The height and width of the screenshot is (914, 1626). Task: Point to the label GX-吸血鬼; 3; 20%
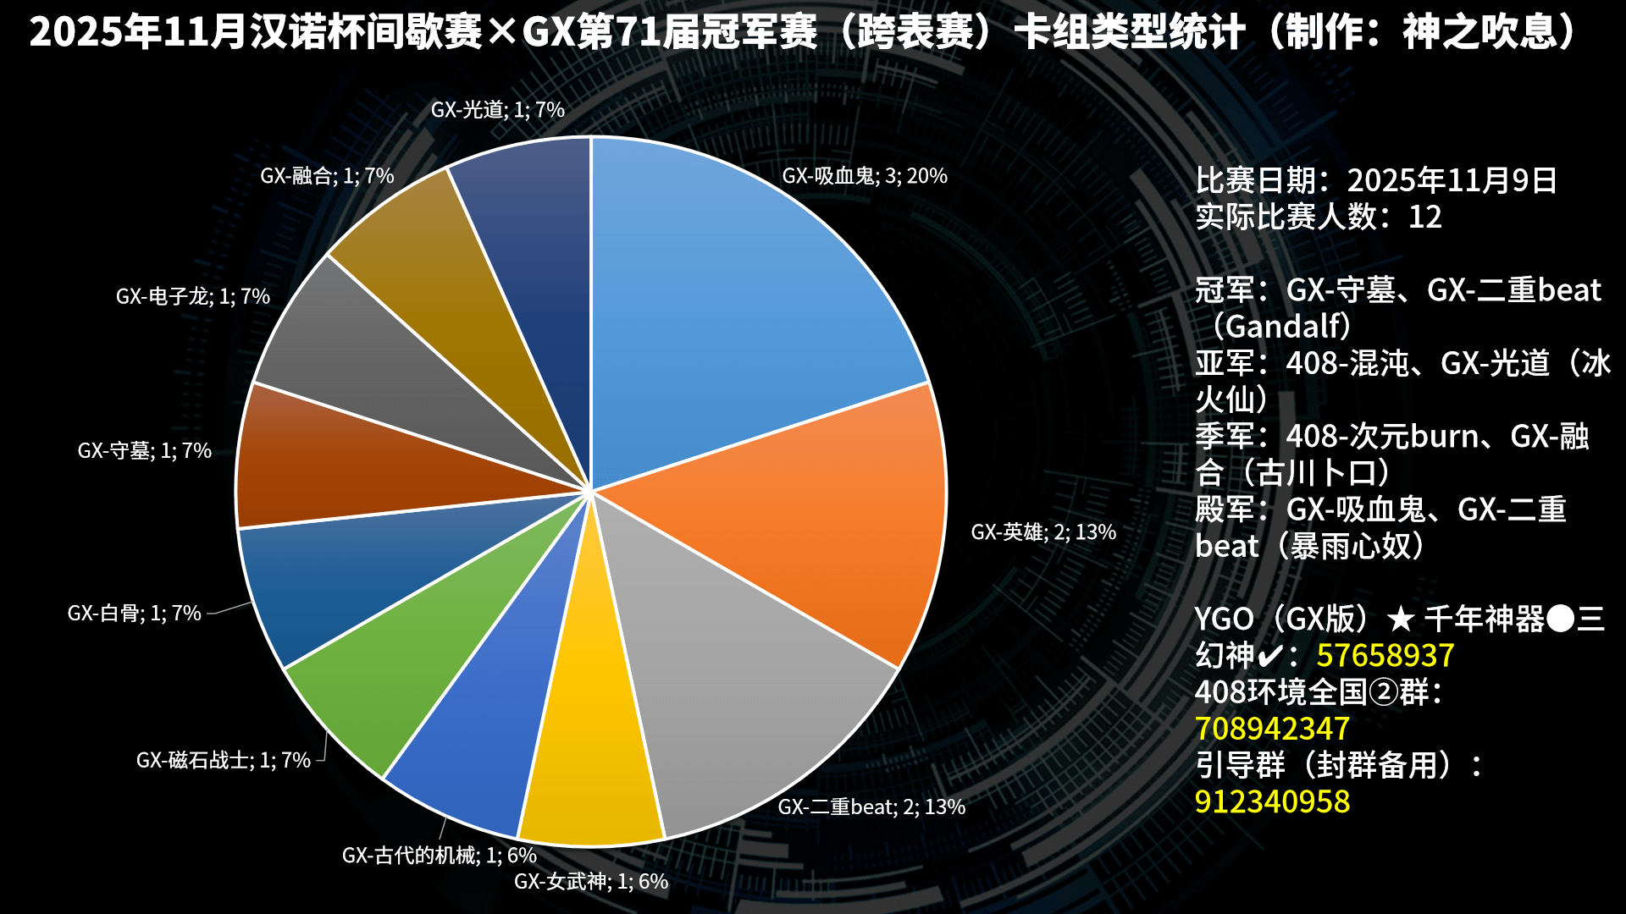(865, 176)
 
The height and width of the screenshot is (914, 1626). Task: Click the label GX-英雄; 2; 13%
(1043, 532)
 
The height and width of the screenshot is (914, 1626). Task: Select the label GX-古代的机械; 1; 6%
(439, 856)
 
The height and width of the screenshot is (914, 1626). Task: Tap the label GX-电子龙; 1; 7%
(193, 296)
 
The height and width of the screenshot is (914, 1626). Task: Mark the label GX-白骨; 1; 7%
(135, 613)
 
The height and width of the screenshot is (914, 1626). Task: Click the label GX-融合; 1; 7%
(327, 176)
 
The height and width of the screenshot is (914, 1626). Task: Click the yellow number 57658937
(1385, 656)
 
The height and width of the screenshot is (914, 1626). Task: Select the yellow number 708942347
(1272, 729)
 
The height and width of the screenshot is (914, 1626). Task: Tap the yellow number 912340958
(1272, 801)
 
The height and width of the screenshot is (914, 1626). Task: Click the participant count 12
(1424, 217)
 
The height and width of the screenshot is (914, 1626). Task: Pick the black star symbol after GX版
(1402, 619)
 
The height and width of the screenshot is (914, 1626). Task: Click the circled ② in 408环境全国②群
(1384, 692)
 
